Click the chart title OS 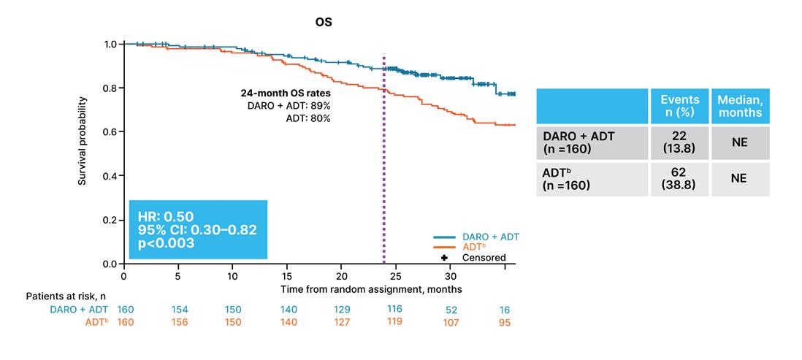click(x=324, y=23)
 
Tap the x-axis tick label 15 click(x=287, y=274)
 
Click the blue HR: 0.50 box click(x=198, y=229)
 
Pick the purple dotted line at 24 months click(x=383, y=158)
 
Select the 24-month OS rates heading click(x=285, y=94)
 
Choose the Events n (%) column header click(x=679, y=105)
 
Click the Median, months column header click(x=740, y=105)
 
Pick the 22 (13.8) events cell click(x=679, y=143)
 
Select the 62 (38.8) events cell click(x=679, y=179)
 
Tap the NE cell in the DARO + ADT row click(x=740, y=143)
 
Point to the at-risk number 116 click(x=395, y=309)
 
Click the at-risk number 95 click(x=504, y=323)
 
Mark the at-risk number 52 click(x=451, y=310)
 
